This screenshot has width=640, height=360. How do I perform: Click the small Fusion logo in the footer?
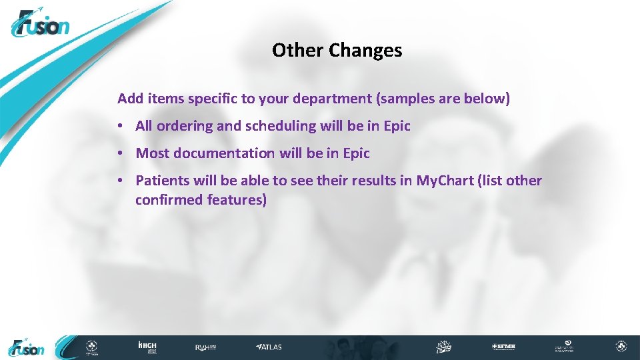coord(27,347)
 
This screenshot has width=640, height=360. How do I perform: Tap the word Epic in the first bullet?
coord(397,126)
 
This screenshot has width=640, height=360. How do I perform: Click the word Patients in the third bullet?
coord(162,181)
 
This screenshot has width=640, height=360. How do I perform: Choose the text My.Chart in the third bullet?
coord(442,181)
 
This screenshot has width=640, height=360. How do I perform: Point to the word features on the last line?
coord(237,200)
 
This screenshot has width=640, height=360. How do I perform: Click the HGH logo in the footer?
coord(147,347)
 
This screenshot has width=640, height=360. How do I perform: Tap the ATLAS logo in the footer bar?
coord(269,347)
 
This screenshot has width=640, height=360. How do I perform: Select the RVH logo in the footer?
coord(205,347)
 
